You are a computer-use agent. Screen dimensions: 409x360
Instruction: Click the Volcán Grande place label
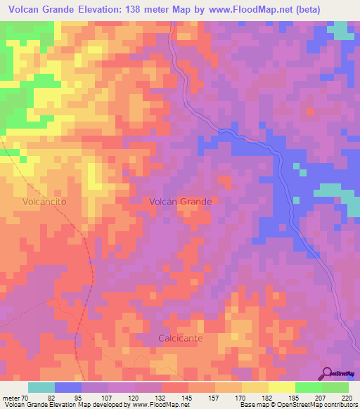181,201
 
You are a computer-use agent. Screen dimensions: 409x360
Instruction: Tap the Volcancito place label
44,201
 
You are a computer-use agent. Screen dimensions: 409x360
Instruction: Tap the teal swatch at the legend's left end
41,387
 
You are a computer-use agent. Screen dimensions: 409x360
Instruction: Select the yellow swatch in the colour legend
281,387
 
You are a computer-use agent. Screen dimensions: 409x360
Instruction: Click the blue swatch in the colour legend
68,387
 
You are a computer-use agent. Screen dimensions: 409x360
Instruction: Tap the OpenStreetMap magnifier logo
328,372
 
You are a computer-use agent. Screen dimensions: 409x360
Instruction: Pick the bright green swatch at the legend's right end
335,387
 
